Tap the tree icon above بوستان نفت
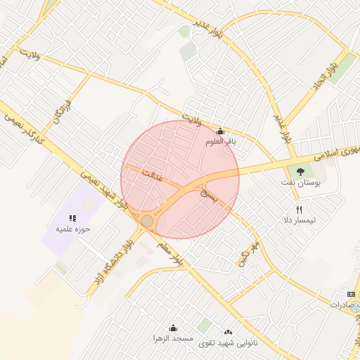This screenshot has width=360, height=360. tap(302, 171)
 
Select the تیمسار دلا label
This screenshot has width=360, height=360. tap(300, 220)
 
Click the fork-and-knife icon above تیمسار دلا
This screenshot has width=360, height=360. tap(299, 210)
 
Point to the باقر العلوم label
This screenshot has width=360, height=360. tap(220, 141)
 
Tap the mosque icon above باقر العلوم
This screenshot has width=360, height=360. tap(220, 131)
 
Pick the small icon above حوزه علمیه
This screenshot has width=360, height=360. tap(72, 218)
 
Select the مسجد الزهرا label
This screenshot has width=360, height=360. tap(174, 338)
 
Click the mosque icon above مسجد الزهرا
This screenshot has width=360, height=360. tap(174, 328)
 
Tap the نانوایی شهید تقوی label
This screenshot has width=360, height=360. tap(228, 342)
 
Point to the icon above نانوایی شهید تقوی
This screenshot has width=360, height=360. tap(227, 332)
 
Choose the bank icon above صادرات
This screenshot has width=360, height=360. tap(352, 293)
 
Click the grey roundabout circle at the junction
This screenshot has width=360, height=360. tap(147, 221)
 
